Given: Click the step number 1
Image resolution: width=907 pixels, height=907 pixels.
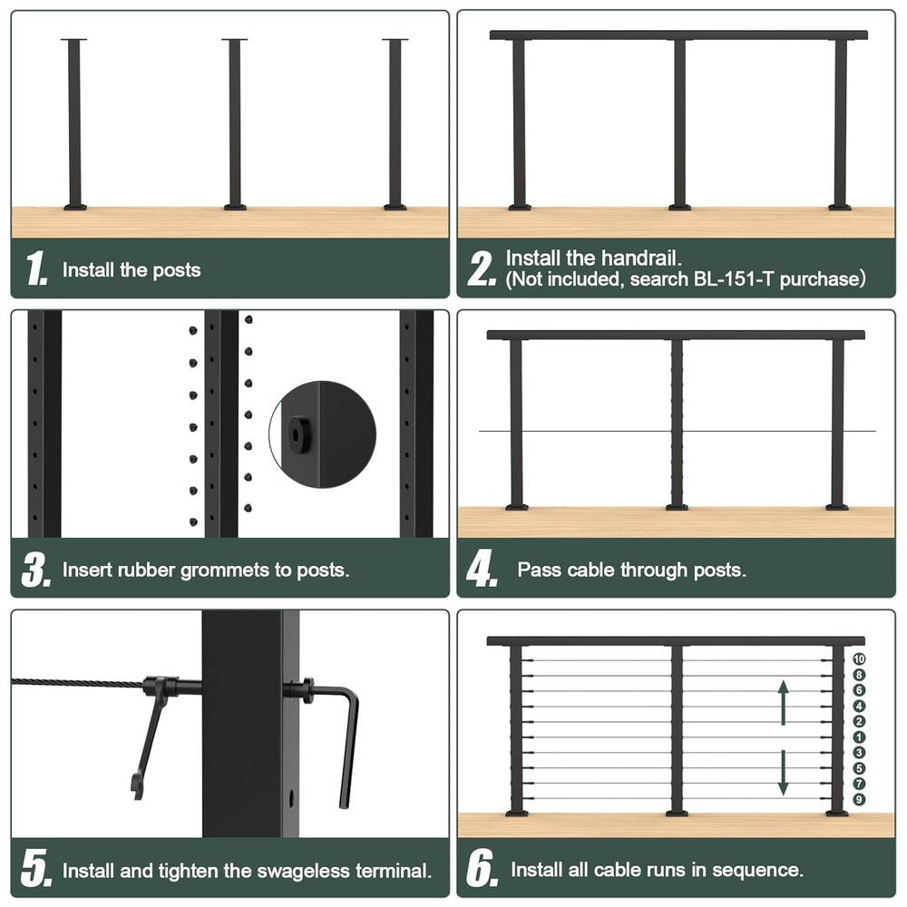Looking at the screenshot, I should (36, 269).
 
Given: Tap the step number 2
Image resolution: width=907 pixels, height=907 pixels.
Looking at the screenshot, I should (481, 269).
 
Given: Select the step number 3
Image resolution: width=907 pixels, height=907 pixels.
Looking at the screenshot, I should (35, 570).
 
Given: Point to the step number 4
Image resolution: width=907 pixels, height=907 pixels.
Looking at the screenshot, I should (481, 570).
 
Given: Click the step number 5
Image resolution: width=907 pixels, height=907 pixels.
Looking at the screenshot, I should (35, 871).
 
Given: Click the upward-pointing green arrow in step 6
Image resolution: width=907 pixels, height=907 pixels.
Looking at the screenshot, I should (783, 703).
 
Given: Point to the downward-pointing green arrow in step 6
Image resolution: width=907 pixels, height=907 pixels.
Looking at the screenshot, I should (783, 774).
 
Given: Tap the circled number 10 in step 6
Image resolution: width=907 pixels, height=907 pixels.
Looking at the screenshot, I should (859, 659).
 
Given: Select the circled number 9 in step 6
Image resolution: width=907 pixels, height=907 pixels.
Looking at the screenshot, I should (859, 799).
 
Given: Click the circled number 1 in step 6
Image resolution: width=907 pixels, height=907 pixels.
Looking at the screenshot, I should (859, 736).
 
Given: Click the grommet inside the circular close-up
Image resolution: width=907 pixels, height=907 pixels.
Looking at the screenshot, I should (297, 434).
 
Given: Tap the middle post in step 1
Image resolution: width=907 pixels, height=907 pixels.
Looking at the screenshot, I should (235, 122).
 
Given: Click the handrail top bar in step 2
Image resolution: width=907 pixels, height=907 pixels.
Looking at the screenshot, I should (678, 35).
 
